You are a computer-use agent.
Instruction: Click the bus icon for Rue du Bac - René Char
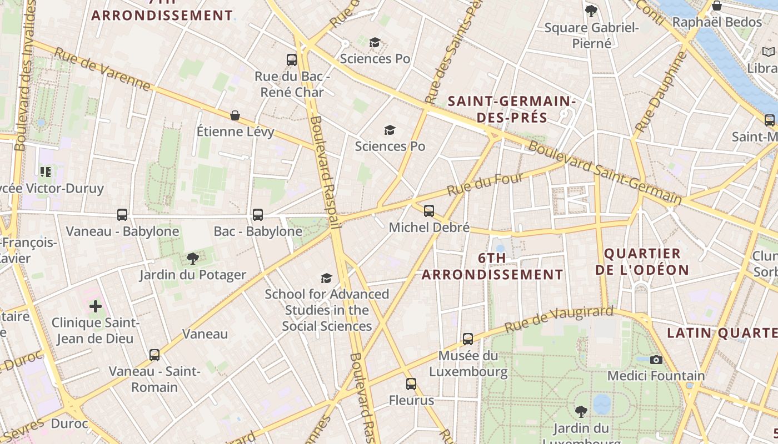292,60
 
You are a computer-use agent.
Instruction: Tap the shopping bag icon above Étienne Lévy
235,115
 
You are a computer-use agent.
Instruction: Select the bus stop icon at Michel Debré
429,211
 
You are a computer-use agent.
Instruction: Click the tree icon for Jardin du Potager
193,259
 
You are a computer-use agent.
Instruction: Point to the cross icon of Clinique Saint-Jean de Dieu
96,306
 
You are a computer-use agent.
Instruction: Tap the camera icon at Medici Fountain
656,360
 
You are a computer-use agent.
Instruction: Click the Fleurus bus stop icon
411,384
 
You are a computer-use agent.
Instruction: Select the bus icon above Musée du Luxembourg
468,339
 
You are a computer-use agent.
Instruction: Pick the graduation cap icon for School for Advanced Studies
326,278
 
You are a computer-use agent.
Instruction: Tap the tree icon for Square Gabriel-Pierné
591,11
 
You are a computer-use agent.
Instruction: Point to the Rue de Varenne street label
103,69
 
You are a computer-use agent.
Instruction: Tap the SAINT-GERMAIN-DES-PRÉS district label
511,109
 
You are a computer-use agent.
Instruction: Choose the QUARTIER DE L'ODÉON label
642,262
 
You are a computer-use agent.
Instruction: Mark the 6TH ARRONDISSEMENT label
492,266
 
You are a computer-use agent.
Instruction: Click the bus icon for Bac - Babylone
258,215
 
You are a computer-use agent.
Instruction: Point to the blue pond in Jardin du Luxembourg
601,403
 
